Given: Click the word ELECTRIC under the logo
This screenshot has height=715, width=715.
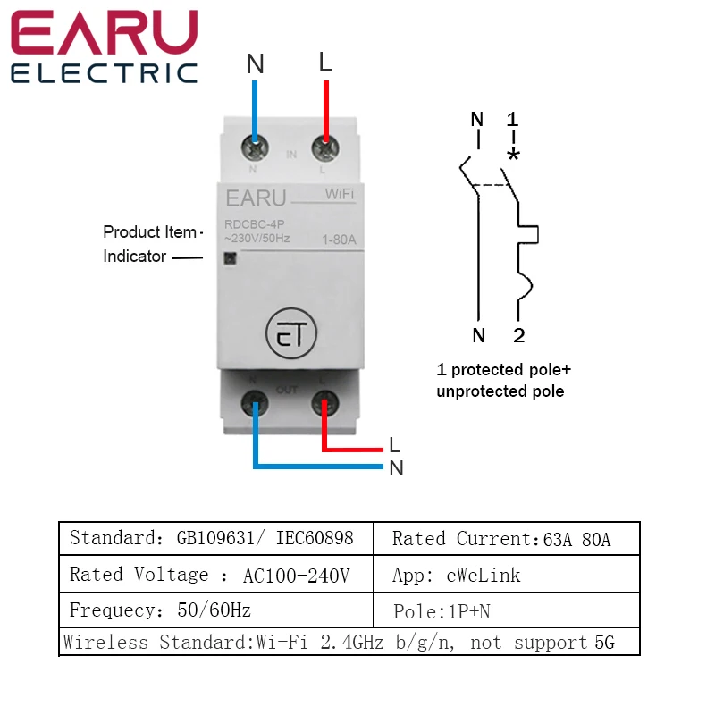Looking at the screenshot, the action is tap(104, 73).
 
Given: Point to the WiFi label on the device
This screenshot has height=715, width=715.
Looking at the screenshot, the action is tap(337, 194).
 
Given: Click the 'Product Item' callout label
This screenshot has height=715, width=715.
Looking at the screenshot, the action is tap(149, 232).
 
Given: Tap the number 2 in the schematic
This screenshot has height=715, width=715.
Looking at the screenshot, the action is tap(518, 335).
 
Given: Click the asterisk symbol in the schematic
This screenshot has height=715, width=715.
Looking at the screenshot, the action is tap(513, 155).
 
